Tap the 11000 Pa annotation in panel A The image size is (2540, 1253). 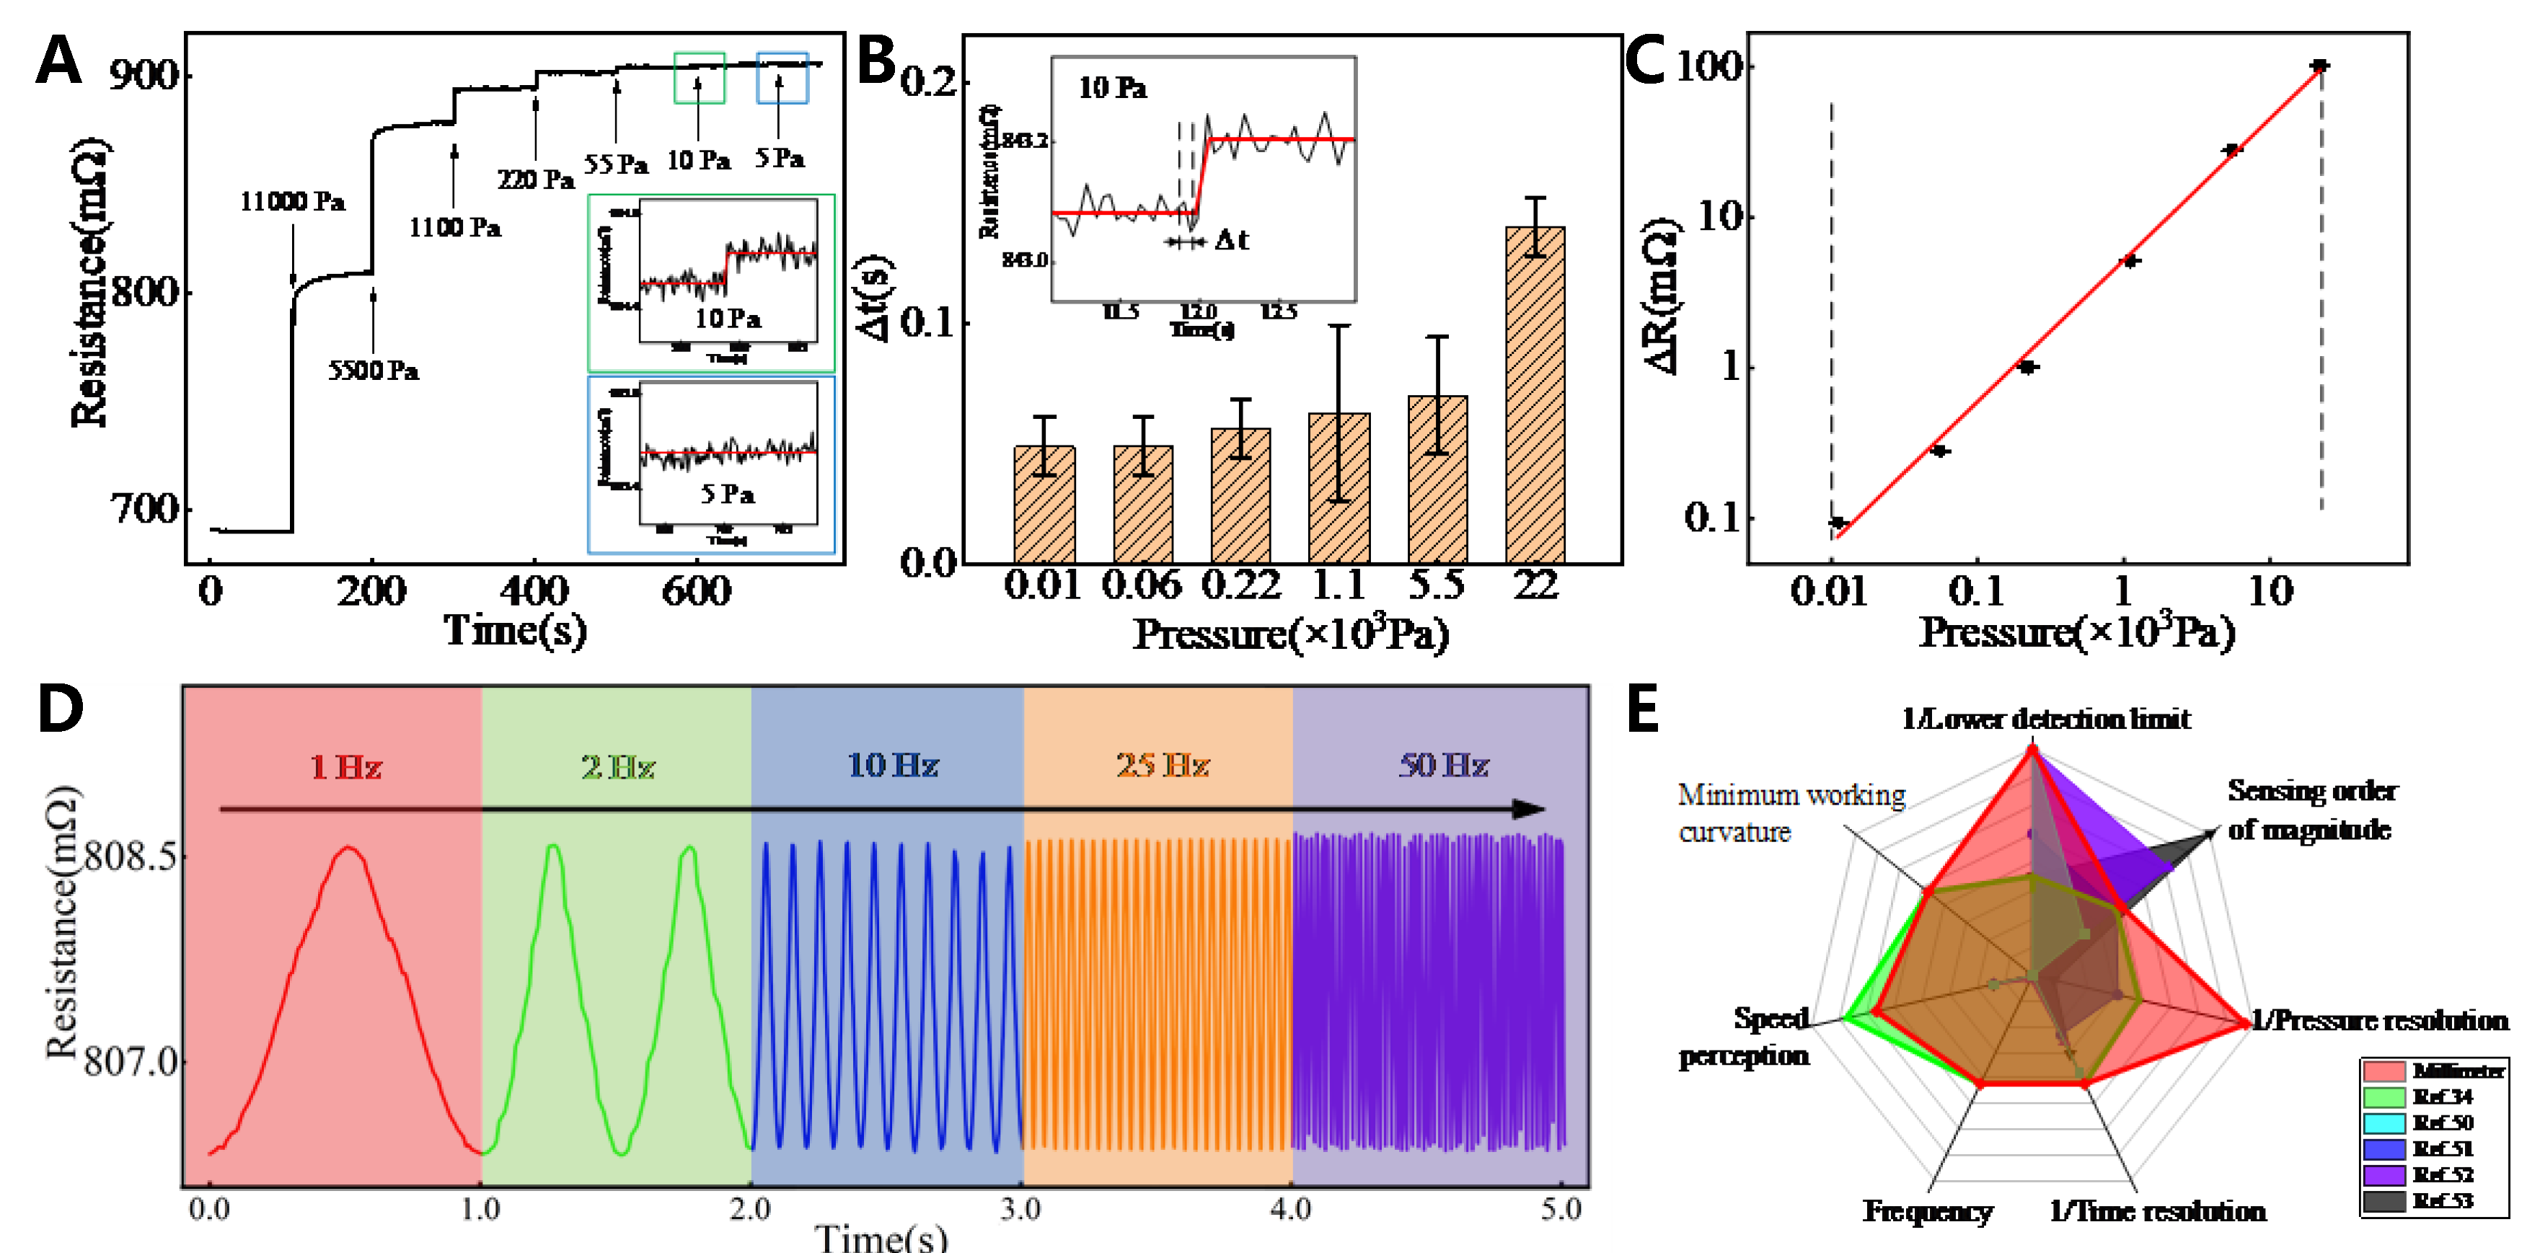coord(292,202)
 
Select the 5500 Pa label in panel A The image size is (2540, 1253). coord(373,371)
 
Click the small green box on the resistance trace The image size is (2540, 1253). coord(699,78)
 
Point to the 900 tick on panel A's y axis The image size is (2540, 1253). coord(143,75)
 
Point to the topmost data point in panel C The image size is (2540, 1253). coord(2319,66)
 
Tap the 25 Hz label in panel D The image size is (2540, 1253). coord(1163,766)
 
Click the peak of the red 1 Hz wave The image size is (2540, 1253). coord(347,848)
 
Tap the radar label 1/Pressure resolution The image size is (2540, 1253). coord(2379,1020)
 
